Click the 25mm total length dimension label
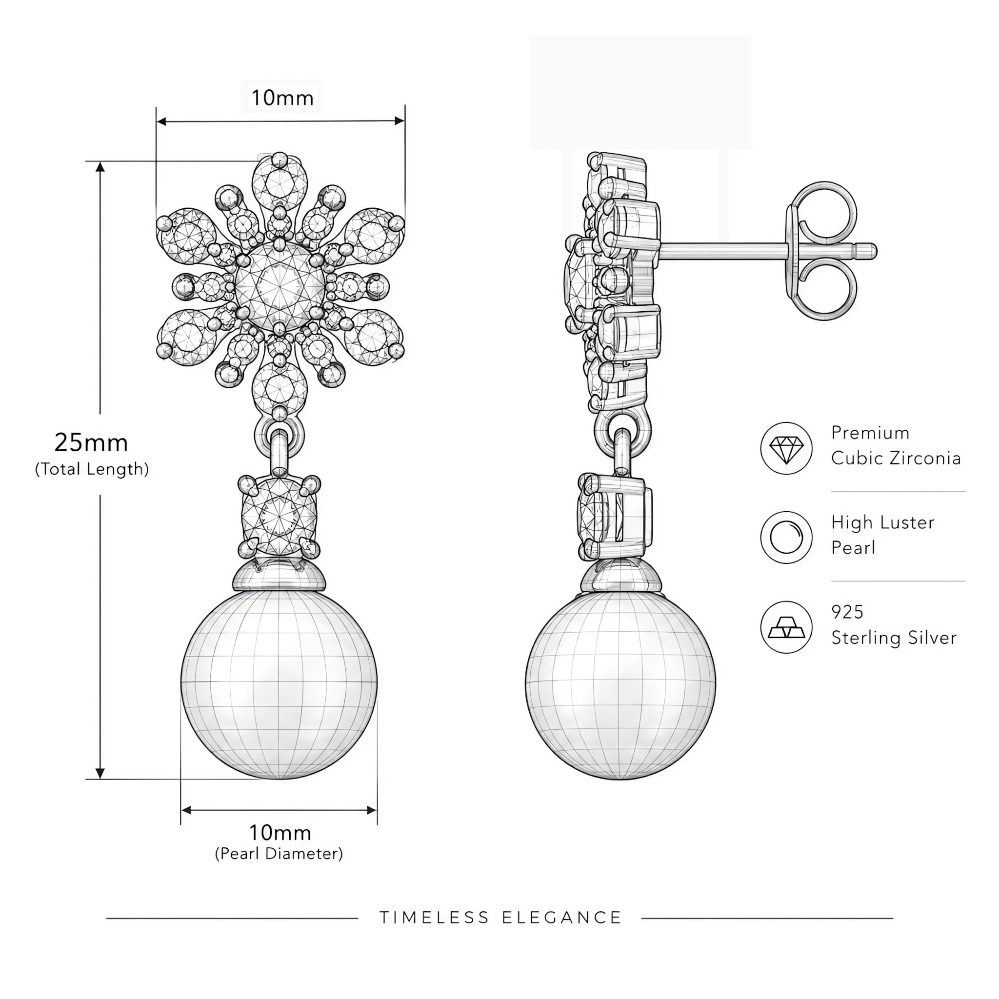coord(92,443)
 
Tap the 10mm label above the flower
coord(282,98)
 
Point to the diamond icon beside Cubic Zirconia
coord(786,448)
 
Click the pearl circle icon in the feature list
coord(786,538)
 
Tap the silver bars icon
coord(786,627)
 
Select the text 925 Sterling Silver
coord(894,625)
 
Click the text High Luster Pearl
coord(882,535)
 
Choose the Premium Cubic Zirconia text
coord(896,445)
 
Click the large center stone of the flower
coord(280,286)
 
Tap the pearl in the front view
coord(279,683)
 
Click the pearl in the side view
coord(620,683)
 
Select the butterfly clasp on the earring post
coord(822,251)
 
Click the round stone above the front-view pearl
coord(279,516)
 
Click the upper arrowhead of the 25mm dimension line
coord(100,166)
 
